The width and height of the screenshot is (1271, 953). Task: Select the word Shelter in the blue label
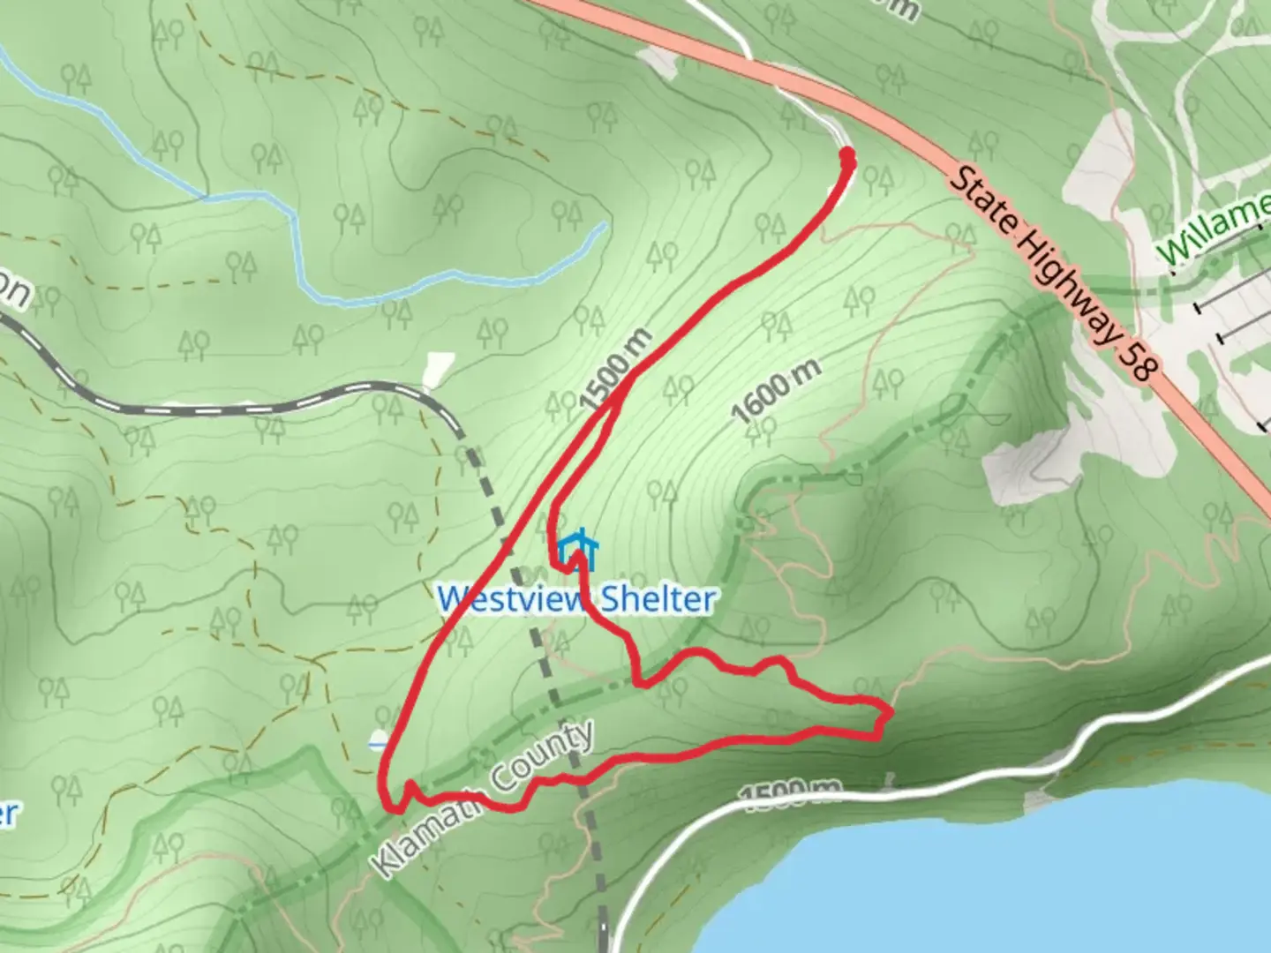[x=658, y=599]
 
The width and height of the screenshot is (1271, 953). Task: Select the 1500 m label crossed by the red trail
[x=617, y=369]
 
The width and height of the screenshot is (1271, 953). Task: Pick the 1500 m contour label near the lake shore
[x=791, y=792]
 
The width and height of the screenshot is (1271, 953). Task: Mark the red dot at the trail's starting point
[x=848, y=157]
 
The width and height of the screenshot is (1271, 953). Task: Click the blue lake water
[x=1015, y=882]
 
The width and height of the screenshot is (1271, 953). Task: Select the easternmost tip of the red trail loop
[x=888, y=710]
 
